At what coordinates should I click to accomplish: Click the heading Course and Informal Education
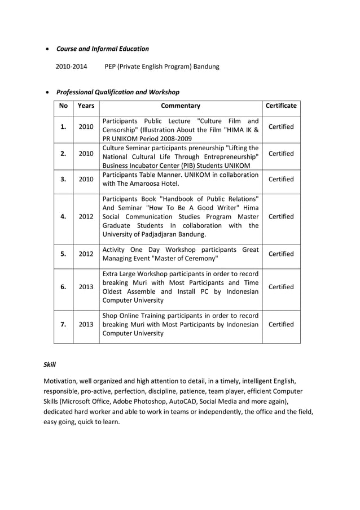103,49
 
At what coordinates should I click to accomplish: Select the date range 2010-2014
71,67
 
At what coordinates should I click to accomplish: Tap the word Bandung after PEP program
206,67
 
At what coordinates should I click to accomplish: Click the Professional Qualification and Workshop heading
118,92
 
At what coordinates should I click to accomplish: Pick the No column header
63,106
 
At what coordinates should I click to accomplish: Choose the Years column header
86,106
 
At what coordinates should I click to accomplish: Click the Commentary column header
181,106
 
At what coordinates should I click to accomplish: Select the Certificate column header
281,106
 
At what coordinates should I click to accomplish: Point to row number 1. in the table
63,127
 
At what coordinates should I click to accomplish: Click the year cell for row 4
86,217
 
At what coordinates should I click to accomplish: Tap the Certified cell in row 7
281,325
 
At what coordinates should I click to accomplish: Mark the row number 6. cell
63,287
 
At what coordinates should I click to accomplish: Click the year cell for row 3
86,180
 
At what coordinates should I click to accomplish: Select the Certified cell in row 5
281,254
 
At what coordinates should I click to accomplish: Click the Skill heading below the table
50,365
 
